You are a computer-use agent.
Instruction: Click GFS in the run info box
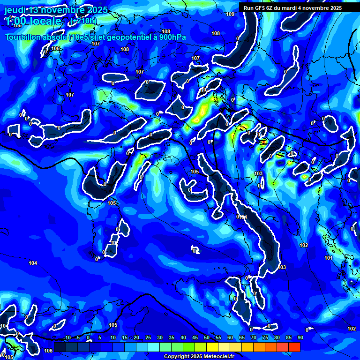260,8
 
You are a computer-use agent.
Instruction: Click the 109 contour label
230,14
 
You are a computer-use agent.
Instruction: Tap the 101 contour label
329,258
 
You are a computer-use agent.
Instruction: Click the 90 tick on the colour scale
300,337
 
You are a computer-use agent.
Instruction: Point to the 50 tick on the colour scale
207,337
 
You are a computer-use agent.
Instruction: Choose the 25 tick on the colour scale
148,337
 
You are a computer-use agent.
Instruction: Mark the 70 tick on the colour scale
254,337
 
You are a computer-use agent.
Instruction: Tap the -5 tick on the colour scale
77,337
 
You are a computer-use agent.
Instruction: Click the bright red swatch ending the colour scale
294,347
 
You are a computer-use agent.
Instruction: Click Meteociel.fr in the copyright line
218,357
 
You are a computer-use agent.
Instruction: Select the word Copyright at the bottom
177,357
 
